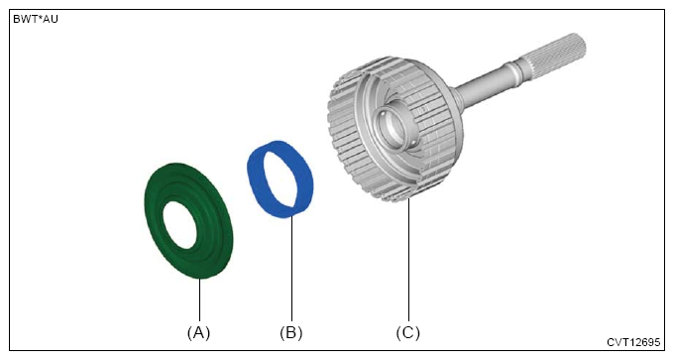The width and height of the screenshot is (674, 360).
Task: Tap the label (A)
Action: pyautogui.click(x=198, y=333)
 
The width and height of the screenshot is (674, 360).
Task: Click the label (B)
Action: pyautogui.click(x=291, y=333)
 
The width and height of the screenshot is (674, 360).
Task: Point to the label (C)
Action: pyautogui.click(x=407, y=333)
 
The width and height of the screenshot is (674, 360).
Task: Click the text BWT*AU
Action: pyautogui.click(x=36, y=20)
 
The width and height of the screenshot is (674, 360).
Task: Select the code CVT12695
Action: pyautogui.click(x=633, y=342)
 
